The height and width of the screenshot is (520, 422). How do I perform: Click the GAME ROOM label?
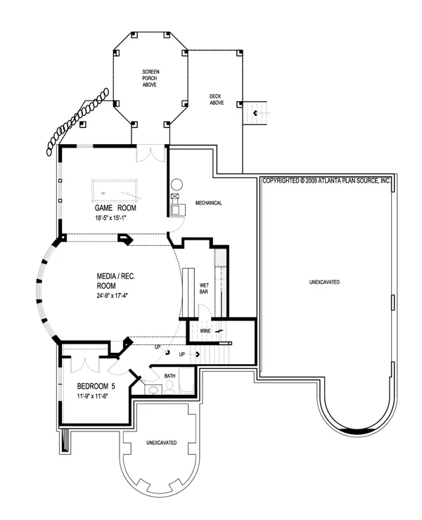point(115,208)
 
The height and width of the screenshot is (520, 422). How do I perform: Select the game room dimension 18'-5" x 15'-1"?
point(111,219)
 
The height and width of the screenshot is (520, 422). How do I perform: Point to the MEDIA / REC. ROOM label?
point(116,281)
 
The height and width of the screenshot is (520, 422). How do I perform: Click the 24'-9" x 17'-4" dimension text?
point(113,296)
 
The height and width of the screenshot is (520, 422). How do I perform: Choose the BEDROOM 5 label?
point(96,386)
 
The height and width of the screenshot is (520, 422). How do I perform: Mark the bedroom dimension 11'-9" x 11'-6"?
point(93,396)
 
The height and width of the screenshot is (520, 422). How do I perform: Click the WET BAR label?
point(204,288)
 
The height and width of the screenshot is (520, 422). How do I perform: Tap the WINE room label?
point(205,331)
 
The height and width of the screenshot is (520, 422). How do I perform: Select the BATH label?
point(170,376)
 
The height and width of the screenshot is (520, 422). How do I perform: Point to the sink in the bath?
point(153,390)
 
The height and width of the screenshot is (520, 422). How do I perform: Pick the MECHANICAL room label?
point(208,203)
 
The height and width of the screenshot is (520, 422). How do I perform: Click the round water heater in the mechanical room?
point(177,184)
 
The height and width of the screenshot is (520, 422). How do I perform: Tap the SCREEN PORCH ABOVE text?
point(151,78)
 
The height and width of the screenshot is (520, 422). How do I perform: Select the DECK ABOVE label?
point(217,100)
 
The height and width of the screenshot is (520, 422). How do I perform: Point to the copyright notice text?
point(326,181)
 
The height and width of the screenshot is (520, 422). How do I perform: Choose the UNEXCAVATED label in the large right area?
point(324,282)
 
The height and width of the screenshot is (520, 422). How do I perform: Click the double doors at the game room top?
point(151,153)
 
